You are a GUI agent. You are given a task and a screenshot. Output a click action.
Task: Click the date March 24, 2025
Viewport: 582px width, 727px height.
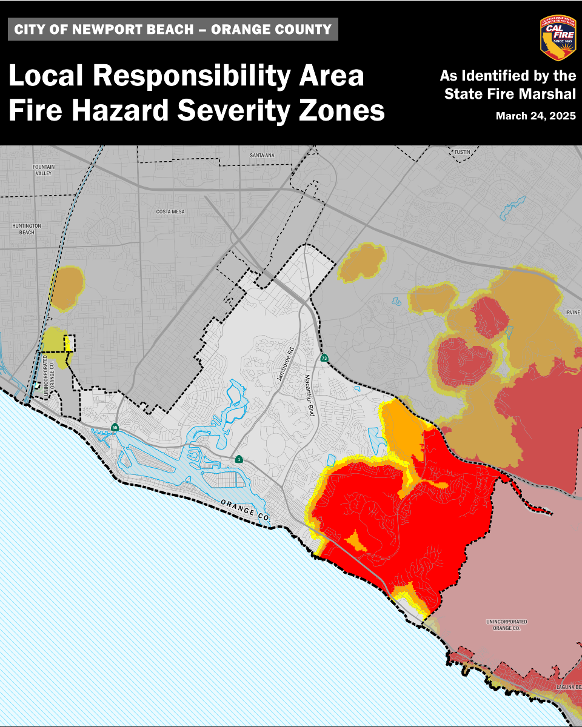[x=535, y=116]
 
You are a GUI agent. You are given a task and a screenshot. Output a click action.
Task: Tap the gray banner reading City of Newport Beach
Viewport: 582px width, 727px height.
[x=173, y=29]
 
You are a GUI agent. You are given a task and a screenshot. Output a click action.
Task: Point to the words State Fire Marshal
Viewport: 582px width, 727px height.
[x=510, y=95]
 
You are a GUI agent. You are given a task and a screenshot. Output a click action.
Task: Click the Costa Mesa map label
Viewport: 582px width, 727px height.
[x=170, y=211]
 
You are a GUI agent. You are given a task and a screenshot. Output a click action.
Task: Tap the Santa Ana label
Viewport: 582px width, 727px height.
[x=262, y=156]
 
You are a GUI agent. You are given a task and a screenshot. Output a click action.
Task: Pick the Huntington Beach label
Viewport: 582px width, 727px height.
[x=24, y=228]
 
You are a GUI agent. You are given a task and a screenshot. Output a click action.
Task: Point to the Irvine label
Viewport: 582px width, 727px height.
[x=572, y=313]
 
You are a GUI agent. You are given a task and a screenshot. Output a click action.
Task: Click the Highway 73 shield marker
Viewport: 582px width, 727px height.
[x=325, y=358]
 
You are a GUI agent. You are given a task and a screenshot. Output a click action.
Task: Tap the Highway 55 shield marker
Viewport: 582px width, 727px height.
[x=115, y=428]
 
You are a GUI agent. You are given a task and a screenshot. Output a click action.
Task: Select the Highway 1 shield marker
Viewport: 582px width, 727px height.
[x=240, y=459]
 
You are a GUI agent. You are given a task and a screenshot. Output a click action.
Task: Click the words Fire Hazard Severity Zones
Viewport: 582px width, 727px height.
[x=196, y=111]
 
